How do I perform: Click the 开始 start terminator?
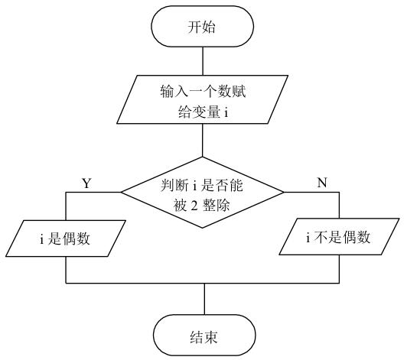pyautogui.click(x=203, y=28)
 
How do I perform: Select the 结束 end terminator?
pyautogui.click(x=203, y=336)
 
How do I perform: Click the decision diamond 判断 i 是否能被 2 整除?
pyautogui.click(x=203, y=194)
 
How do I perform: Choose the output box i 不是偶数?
pyautogui.click(x=338, y=238)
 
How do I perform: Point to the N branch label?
pyautogui.click(x=321, y=183)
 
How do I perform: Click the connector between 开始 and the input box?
pyautogui.click(x=203, y=61)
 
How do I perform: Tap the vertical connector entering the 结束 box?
pyautogui.click(x=203, y=300)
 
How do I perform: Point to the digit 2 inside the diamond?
pyautogui.click(x=201, y=204)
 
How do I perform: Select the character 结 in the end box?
pyautogui.click(x=195, y=336)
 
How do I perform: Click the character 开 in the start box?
pyautogui.click(x=195, y=28)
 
